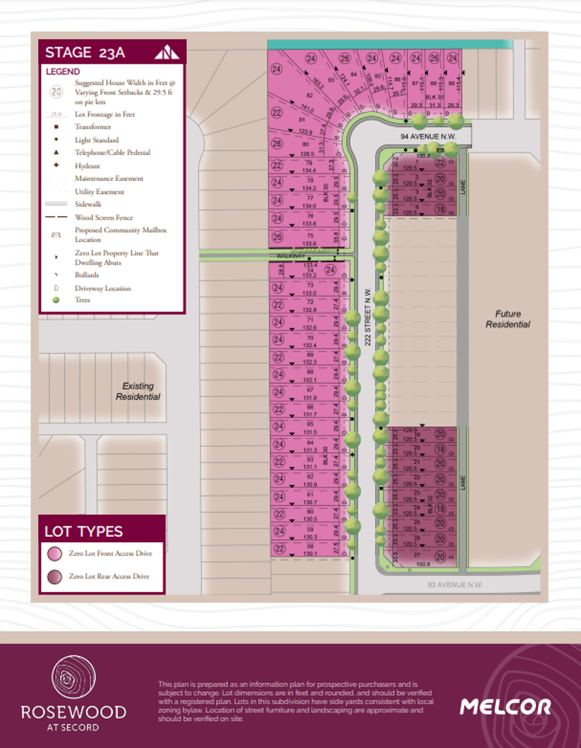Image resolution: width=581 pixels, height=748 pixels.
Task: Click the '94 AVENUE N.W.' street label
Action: [x=428, y=137]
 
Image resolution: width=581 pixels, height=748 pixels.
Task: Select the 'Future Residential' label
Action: [x=508, y=319]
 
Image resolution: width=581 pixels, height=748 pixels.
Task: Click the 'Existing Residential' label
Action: [x=138, y=391]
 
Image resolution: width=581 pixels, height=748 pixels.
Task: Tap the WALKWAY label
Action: [x=290, y=256]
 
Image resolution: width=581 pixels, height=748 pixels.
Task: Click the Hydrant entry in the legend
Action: [x=87, y=166]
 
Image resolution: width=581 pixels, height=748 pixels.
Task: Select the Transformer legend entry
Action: [x=93, y=127]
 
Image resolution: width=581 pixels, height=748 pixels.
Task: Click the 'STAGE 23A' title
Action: [x=85, y=52]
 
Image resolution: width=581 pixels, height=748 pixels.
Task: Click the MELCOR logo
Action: [x=505, y=706]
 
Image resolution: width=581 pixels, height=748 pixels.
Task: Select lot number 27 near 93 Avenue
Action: [x=417, y=555]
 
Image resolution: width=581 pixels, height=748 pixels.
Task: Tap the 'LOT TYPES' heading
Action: [x=84, y=532]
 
